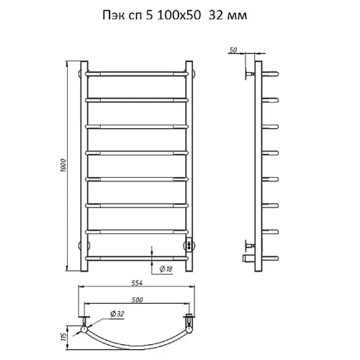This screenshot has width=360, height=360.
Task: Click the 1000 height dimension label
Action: click(x=63, y=166)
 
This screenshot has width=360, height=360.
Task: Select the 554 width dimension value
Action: click(x=137, y=283)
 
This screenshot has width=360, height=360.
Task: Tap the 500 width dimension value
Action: click(x=137, y=300)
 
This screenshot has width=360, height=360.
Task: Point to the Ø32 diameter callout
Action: click(x=117, y=314)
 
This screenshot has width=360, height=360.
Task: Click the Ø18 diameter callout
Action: click(x=166, y=269)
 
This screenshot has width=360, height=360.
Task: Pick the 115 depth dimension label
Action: click(x=63, y=337)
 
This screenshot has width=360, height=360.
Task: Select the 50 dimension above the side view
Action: click(x=233, y=50)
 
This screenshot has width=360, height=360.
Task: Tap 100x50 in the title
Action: click(x=179, y=15)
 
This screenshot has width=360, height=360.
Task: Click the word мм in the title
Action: click(x=238, y=16)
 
